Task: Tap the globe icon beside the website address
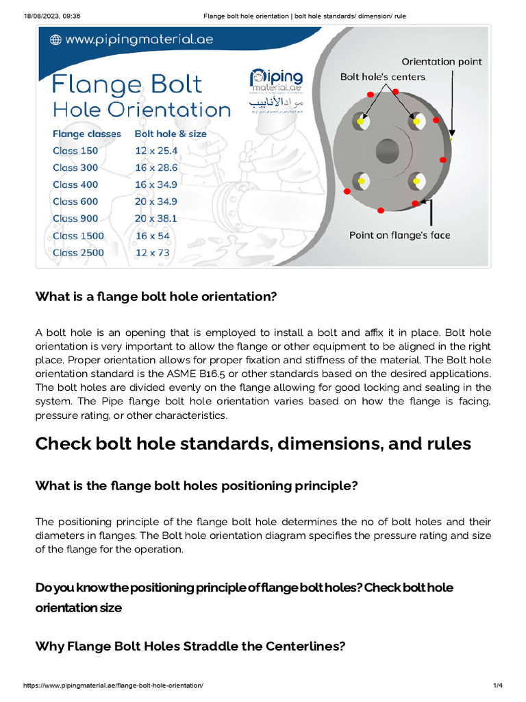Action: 54,40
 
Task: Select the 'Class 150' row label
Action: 75,150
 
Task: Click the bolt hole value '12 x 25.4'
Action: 155,150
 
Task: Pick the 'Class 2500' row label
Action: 78,252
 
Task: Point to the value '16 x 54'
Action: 152,235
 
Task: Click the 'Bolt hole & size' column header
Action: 171,134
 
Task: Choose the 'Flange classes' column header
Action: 86,134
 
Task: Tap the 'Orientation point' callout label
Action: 441,62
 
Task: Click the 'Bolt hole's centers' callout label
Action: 383,77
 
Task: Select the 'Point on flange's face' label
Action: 399,235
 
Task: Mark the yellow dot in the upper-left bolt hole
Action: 360,122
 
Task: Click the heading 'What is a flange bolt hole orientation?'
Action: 155,296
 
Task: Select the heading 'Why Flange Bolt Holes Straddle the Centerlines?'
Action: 190,645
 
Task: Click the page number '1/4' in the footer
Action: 497,686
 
